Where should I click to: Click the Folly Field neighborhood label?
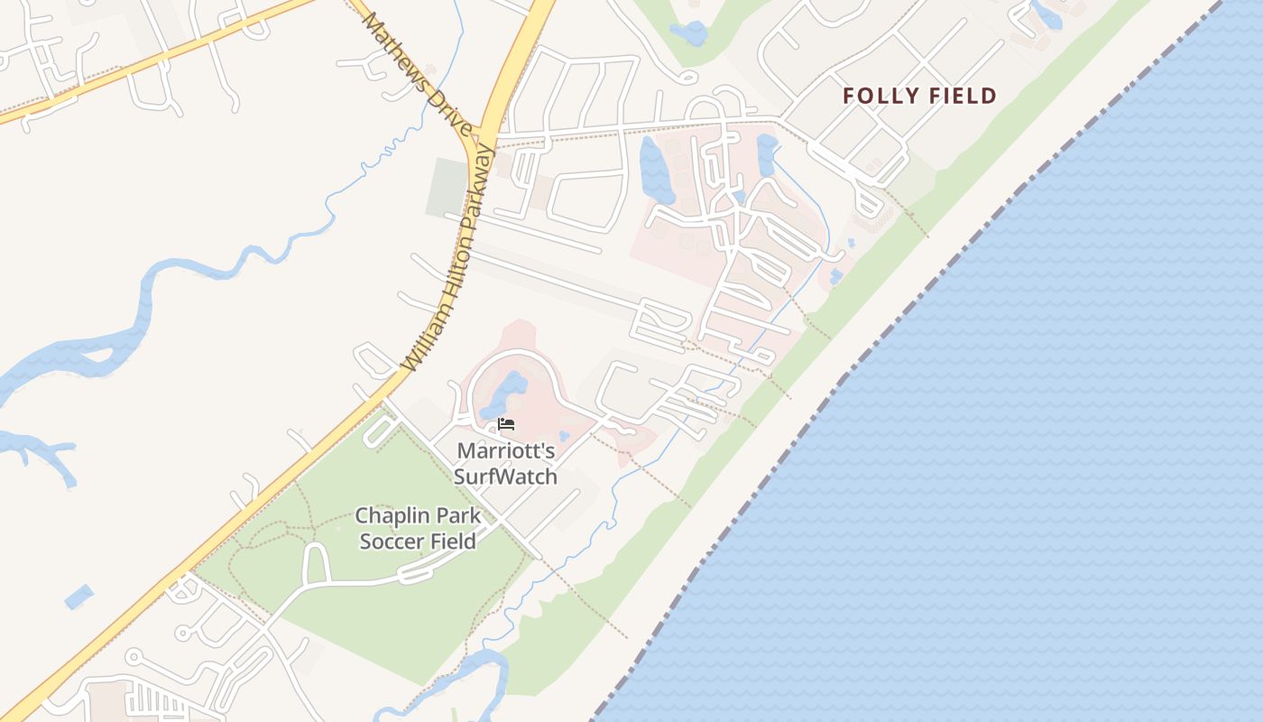pos(919,96)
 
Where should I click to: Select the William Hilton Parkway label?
pos(449,258)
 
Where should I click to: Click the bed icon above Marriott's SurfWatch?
pos(506,424)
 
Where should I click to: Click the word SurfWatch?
pos(505,477)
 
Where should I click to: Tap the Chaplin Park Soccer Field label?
pos(417,529)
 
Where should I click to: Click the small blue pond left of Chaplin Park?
pos(79,597)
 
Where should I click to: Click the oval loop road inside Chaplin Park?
pos(317,563)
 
